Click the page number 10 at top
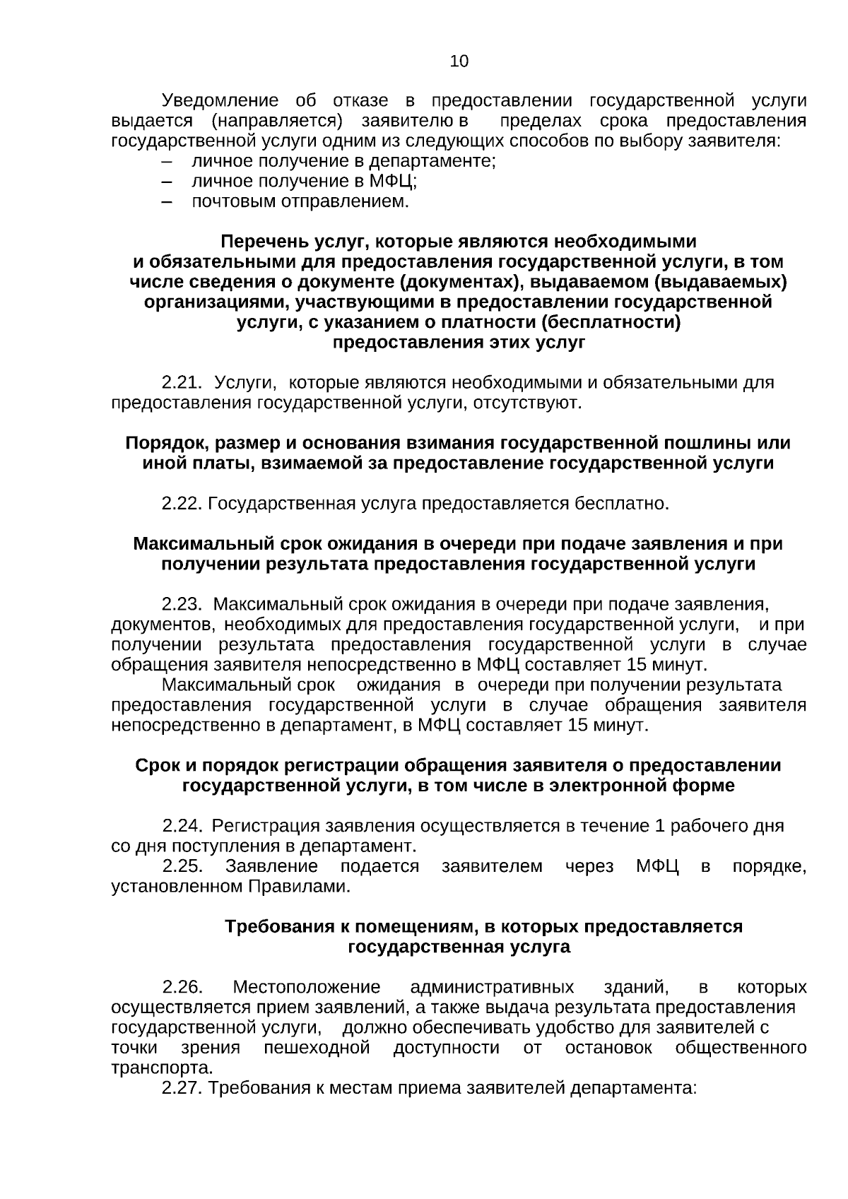(459, 61)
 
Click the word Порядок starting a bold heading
(165, 444)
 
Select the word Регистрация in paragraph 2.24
(266, 826)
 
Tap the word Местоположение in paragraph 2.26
(307, 987)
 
